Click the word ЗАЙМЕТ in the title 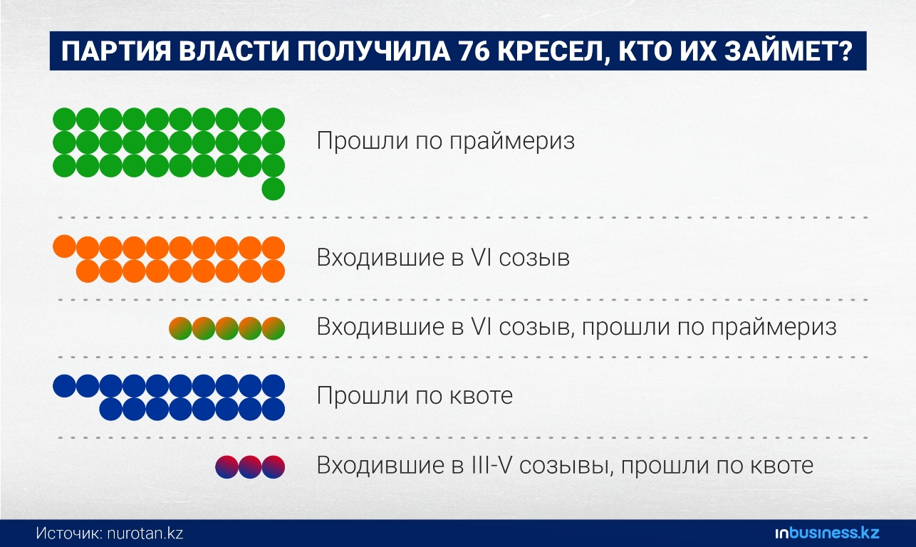[x=779, y=51]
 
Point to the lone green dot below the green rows [x=274, y=189]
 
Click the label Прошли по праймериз [x=446, y=140]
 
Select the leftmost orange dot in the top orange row [x=64, y=246]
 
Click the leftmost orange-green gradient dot [x=180, y=328]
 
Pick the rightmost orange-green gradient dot [x=274, y=328]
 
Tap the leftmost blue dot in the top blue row [x=64, y=385]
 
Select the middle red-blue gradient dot [x=250, y=467]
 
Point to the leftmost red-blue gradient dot [x=227, y=467]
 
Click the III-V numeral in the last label [x=491, y=465]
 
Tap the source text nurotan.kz [x=145, y=533]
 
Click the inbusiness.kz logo [x=827, y=533]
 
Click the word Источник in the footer [x=70, y=533]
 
